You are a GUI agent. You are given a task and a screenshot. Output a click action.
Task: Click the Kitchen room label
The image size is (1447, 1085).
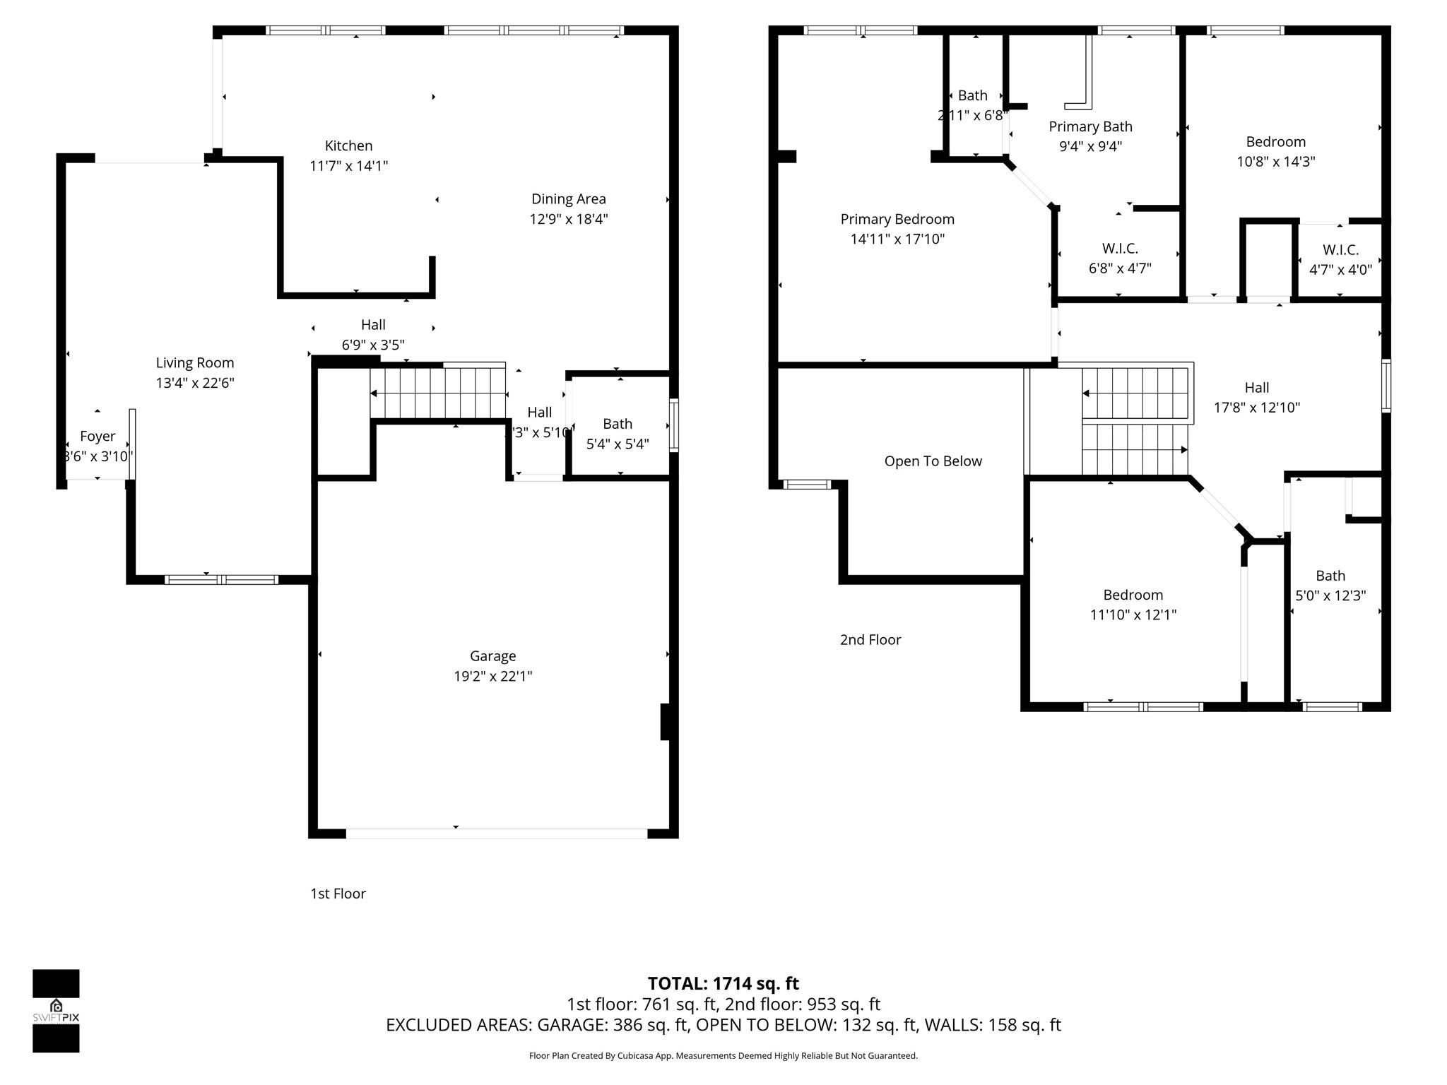[x=348, y=146]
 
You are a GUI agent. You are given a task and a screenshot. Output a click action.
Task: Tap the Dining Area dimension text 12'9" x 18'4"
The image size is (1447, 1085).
[x=568, y=219]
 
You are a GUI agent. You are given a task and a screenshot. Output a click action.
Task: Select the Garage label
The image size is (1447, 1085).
[x=492, y=656]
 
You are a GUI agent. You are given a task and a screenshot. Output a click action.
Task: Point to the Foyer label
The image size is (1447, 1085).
[x=98, y=437]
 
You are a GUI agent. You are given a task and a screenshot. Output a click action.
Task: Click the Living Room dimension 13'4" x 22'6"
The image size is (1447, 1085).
[x=195, y=383]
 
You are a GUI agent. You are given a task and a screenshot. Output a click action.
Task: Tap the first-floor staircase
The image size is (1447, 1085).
[x=439, y=393]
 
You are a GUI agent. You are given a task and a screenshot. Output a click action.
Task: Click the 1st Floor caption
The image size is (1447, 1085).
[x=338, y=894]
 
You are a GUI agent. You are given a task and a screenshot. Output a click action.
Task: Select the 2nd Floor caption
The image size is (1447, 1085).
[x=870, y=639]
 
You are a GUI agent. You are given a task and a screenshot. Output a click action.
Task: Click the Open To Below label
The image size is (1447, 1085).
[x=933, y=461]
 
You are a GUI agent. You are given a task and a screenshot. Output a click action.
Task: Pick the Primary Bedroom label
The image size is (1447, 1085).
[x=897, y=219]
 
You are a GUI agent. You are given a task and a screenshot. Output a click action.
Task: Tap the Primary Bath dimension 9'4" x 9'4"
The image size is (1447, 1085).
[x=1090, y=146]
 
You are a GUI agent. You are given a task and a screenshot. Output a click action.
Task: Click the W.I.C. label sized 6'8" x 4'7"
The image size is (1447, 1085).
[x=1120, y=249]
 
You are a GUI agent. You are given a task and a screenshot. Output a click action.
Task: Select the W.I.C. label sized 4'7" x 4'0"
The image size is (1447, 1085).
[x=1340, y=250]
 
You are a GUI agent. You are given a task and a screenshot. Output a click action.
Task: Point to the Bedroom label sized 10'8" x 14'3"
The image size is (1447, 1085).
[x=1275, y=142]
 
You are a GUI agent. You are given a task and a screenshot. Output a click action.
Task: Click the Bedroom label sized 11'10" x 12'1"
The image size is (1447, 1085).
[x=1133, y=595]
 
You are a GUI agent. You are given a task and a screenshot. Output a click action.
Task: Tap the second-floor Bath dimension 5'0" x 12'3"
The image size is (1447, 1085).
[x=1330, y=595]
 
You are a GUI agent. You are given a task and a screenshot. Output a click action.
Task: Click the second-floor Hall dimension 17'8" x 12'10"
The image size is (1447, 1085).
[x=1256, y=408]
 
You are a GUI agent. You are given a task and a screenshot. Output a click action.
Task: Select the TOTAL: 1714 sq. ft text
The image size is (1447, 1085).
[x=723, y=983]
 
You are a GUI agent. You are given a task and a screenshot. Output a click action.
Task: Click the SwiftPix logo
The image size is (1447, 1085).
[x=56, y=1010]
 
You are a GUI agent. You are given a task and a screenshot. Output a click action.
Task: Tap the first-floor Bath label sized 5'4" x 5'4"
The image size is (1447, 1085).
[x=617, y=424]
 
